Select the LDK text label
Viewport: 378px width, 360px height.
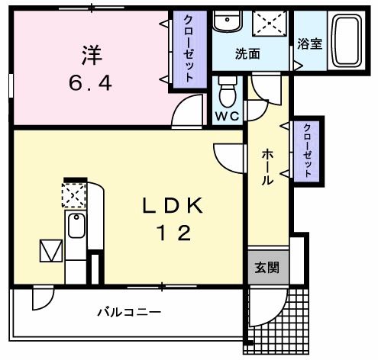click(173, 207)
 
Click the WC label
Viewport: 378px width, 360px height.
click(226, 117)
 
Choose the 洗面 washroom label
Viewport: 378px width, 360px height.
click(247, 54)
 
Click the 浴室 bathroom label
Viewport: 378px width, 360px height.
click(309, 43)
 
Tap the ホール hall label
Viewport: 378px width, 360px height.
click(268, 167)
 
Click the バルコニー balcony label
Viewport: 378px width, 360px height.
click(128, 312)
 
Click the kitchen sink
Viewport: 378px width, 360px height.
click(76, 227)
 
